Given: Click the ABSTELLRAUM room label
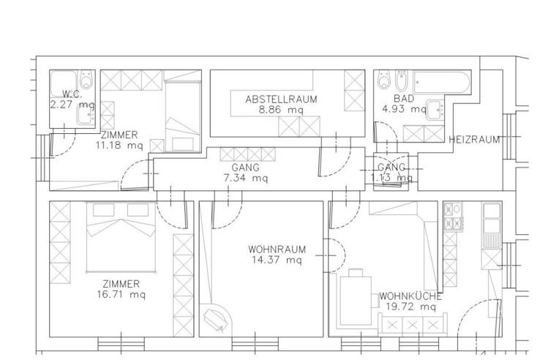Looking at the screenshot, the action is pos(281,99).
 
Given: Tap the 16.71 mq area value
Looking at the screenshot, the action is pos(121,295).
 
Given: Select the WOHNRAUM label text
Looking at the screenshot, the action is pos(277,250).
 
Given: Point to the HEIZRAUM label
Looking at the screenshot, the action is pos(474,139).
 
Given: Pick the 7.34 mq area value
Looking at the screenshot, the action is pos(245,178).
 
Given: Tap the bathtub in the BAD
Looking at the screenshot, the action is pos(441,83).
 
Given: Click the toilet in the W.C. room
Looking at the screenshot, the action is pos(86,80).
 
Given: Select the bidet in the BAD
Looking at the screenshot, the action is pos(402,80).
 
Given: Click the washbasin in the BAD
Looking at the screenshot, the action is pos(435,110).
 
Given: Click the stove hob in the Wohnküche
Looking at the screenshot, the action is pos(453,217).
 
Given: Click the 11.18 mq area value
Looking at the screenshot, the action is pos(119,146).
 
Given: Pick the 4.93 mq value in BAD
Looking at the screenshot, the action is pos(404,109).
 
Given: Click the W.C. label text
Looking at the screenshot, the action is pos(72,94).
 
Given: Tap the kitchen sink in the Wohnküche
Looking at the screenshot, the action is pos(492,225).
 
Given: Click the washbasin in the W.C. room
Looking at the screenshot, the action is pos(86,116).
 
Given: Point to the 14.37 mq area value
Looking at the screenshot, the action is pos(277,260).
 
